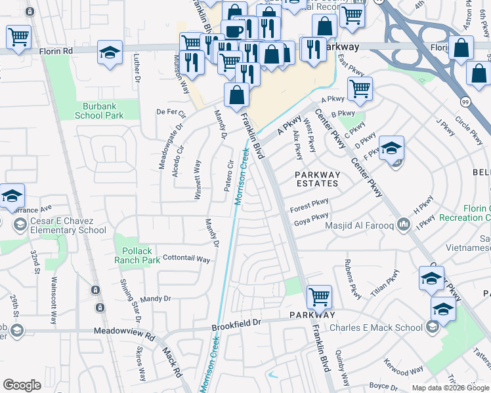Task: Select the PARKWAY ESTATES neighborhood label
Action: click(x=318, y=179)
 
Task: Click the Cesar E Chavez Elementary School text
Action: click(x=68, y=225)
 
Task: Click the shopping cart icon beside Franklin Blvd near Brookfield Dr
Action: click(x=319, y=297)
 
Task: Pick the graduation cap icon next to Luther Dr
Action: click(x=110, y=52)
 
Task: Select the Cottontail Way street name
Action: click(x=186, y=259)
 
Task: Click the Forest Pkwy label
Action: click(x=309, y=206)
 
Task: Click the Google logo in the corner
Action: click(x=22, y=385)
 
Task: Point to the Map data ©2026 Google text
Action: click(x=450, y=388)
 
